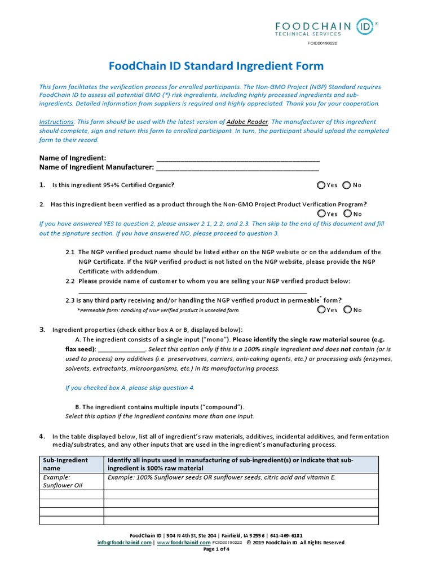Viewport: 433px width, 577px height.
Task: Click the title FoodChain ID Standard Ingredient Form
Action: point(216,66)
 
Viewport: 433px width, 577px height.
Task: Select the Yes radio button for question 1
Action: point(321,185)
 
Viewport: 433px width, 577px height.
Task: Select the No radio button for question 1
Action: point(347,185)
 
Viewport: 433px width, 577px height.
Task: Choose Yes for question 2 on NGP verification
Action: point(321,214)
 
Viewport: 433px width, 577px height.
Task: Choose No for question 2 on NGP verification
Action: point(347,214)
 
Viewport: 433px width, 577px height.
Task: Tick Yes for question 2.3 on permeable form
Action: point(321,309)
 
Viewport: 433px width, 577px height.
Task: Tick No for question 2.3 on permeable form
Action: point(347,309)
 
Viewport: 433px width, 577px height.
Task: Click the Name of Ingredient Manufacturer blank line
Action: point(237,168)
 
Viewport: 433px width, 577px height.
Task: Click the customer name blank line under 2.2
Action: point(192,292)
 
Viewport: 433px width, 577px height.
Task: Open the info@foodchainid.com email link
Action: point(124,543)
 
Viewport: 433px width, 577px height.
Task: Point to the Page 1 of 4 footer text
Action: point(216,549)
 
